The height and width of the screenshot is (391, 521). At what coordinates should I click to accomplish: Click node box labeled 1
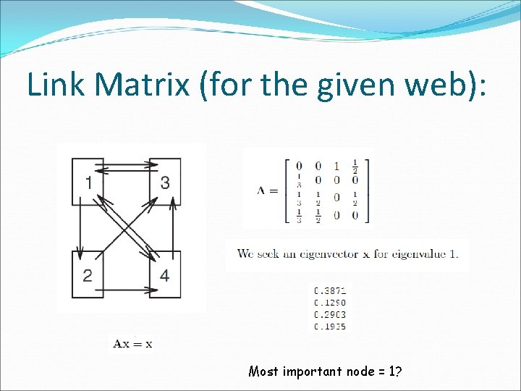coord(88,182)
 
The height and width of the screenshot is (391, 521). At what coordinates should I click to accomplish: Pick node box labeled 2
coord(88,274)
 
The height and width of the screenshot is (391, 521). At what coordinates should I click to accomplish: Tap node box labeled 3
coord(165,182)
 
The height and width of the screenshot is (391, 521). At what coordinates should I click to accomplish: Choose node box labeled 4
coord(165,274)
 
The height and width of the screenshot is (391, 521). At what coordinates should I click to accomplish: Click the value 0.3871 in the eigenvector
coord(330,290)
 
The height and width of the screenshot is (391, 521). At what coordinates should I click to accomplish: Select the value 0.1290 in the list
coord(330,302)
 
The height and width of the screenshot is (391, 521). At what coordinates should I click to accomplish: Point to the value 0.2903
coord(330,314)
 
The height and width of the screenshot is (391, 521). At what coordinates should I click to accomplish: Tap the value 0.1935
coord(330,327)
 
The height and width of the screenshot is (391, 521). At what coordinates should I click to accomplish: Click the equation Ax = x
coord(132,344)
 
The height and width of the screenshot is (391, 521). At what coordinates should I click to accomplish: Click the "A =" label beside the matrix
coord(267,190)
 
